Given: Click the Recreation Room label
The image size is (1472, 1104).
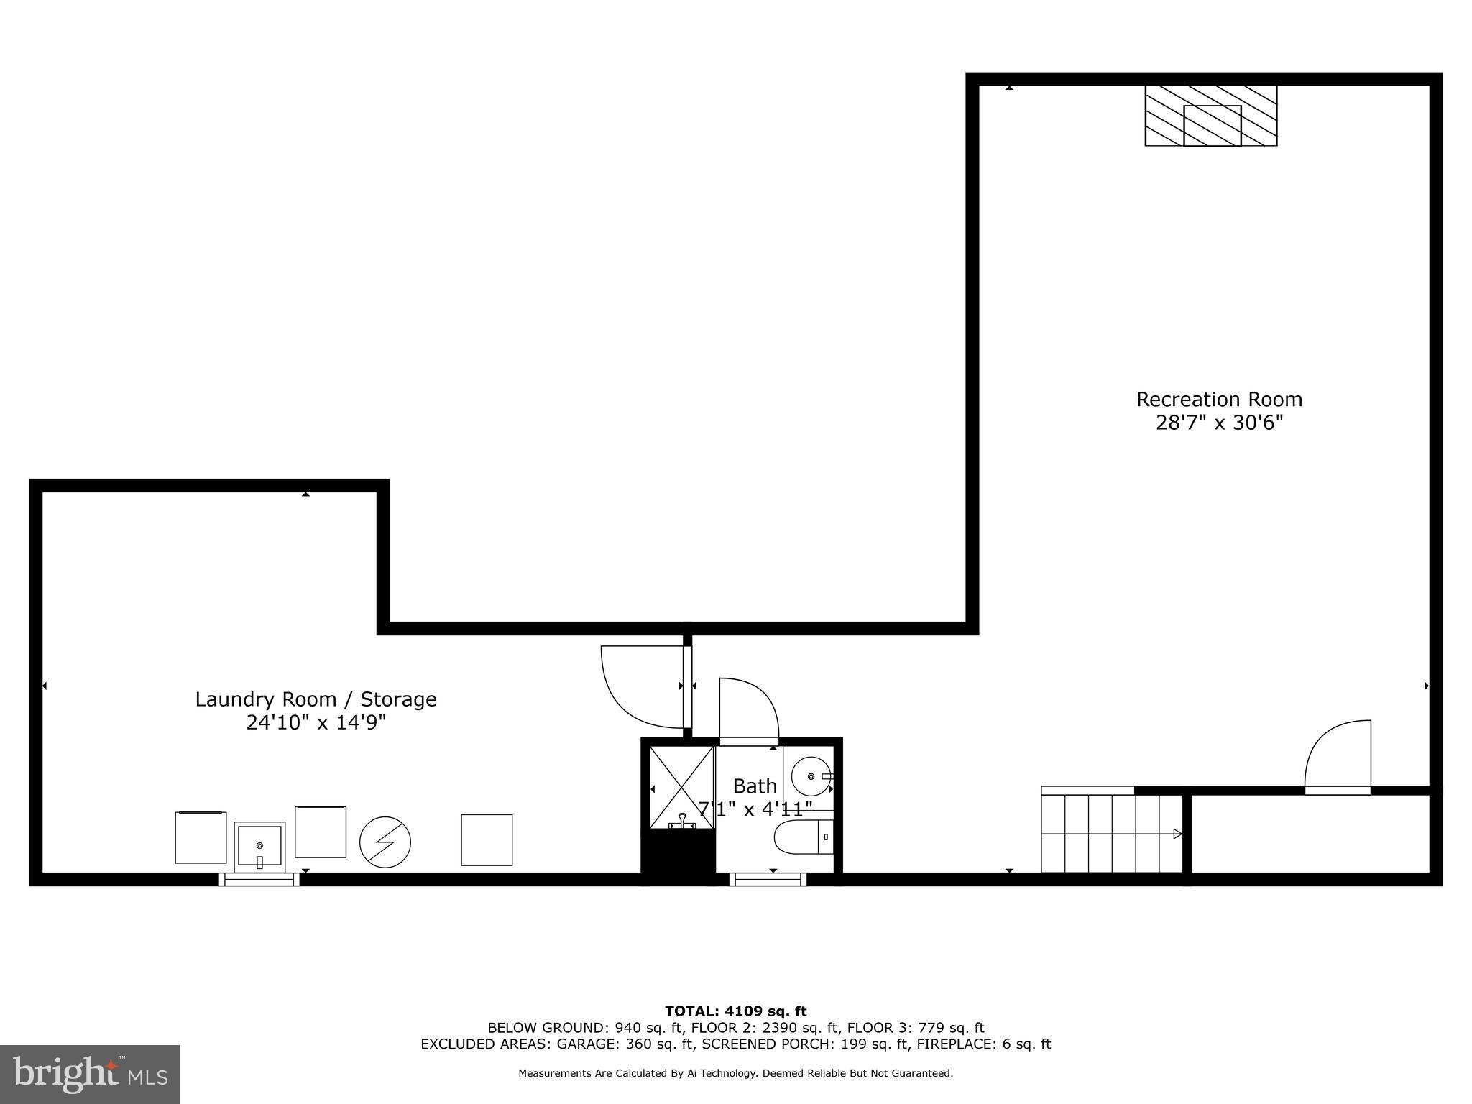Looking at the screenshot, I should coord(1219,400).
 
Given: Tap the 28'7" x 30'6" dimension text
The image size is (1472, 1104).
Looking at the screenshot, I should coord(1219,423).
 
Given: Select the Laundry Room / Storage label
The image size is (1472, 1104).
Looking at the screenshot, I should coord(316,699).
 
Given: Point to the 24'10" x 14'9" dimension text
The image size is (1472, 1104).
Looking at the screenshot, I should coord(316,722).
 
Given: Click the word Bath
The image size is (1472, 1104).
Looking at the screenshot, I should coord(755,786).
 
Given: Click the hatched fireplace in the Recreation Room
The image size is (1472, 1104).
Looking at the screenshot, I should coord(1211,116).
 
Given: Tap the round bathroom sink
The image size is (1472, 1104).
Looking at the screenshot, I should coord(811,776).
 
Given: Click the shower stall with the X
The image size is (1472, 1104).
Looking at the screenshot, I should coord(681,787).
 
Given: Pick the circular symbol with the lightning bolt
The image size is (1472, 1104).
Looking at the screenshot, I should coord(385,842).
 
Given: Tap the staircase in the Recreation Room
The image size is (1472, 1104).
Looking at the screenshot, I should coord(1110,834).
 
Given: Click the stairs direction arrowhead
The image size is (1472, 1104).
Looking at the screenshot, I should coord(1177,834).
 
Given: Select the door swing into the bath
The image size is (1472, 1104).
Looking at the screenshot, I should coord(749,708).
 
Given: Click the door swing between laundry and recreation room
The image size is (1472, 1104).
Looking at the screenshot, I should coord(642,686).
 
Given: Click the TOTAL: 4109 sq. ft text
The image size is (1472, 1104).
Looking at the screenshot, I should coord(735,1012).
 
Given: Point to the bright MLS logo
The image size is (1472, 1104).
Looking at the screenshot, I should coord(90,1074).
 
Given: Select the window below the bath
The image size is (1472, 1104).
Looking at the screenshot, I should coord(768,879).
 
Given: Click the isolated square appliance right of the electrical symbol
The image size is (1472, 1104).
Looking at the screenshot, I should coord(487,839).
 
